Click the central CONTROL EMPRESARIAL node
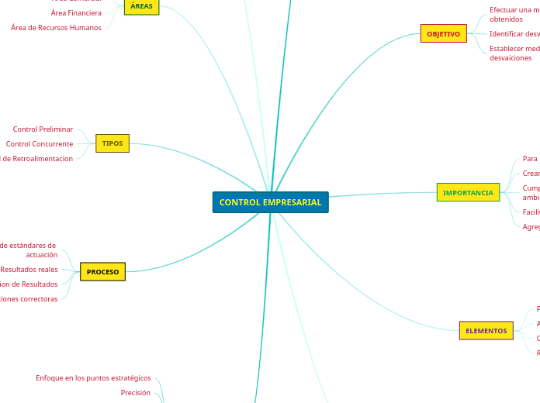[x=270, y=202]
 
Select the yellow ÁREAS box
[x=141, y=6]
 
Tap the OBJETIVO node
[x=443, y=33]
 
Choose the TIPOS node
[x=112, y=143]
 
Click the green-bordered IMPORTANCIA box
[x=468, y=192]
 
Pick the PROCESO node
[x=102, y=272]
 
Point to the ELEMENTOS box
[x=486, y=331]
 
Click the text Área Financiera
[x=76, y=13]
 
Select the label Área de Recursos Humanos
[x=56, y=28]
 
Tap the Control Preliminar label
[x=43, y=129]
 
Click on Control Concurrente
[x=40, y=144]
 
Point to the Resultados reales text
[x=29, y=270]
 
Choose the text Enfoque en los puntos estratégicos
[x=93, y=378]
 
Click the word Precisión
[x=135, y=393]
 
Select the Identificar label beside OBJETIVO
[x=514, y=34]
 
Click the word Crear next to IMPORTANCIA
[x=531, y=174]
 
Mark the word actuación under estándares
[x=41, y=255]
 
